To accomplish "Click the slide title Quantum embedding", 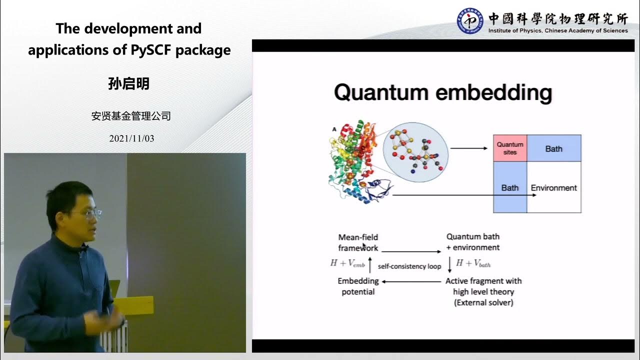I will click(442, 93).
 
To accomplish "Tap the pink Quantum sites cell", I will click(509, 148).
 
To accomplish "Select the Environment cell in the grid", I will click(553, 188).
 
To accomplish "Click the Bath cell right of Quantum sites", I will click(553, 148).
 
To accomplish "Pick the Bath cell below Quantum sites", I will click(509, 188).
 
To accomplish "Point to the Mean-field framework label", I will click(358, 242).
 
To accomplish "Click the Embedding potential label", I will click(358, 286).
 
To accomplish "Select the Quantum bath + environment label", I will click(472, 242).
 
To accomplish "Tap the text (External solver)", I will click(483, 302).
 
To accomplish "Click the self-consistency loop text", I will click(409, 266).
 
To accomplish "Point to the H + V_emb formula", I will click(347, 263).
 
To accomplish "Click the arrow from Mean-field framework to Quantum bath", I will click(411, 251).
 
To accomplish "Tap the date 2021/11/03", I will click(131, 138).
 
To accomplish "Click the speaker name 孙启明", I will click(129, 83).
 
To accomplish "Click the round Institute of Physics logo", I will click(470, 21).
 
